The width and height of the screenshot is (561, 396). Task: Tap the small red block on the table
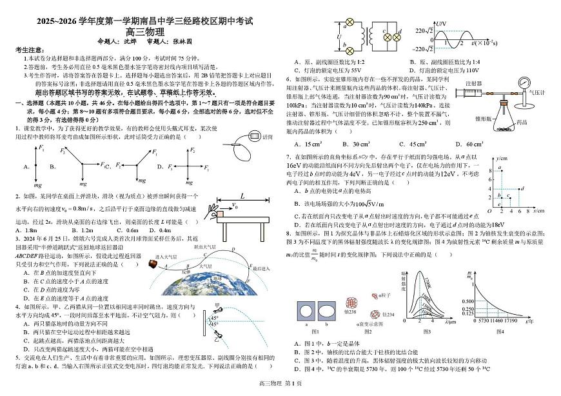pos(220,214)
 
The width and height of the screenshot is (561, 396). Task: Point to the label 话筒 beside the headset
pos(268,137)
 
